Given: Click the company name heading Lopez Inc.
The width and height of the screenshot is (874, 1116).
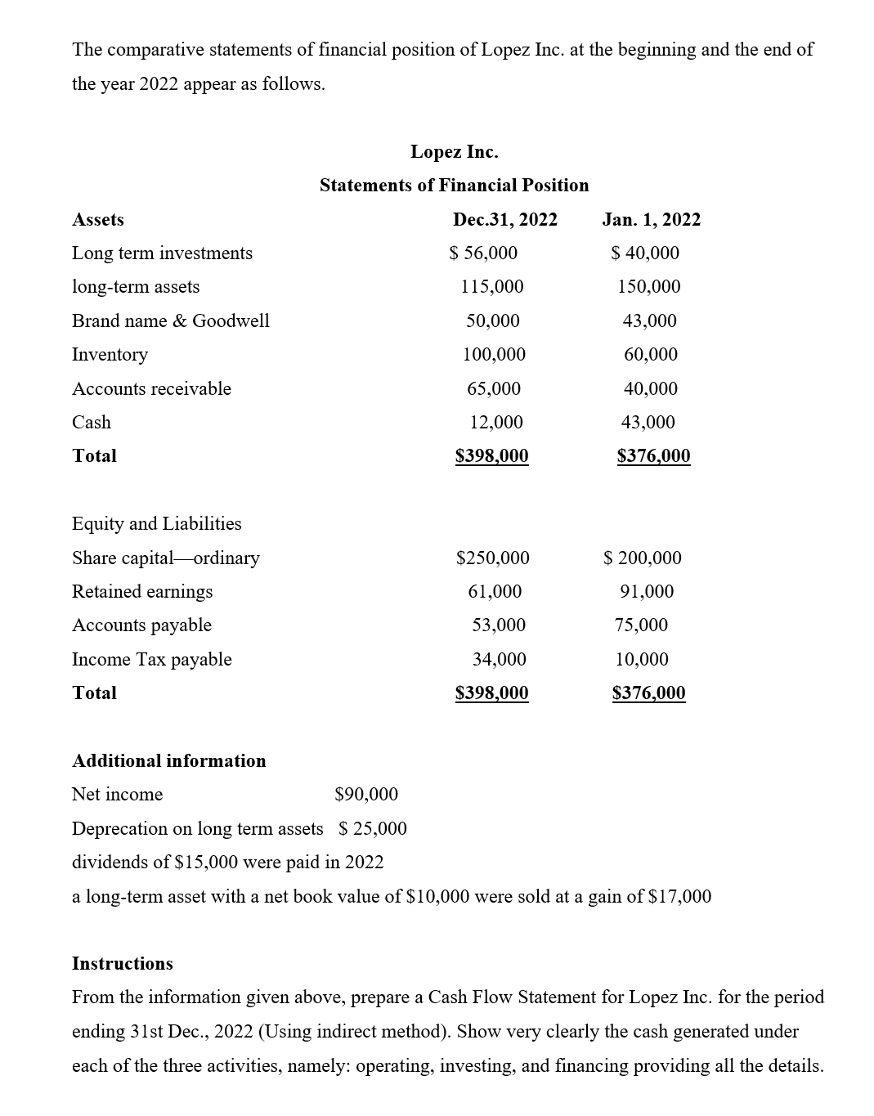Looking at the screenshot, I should pos(454,152).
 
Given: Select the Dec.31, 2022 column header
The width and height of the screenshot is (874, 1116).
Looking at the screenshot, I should pos(504,219).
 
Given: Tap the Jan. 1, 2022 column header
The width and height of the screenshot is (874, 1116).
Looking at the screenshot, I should pos(651,219).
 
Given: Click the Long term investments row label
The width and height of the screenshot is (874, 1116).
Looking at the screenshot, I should pos(162,253).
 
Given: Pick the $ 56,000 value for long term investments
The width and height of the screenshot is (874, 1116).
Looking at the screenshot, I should pos(483,253).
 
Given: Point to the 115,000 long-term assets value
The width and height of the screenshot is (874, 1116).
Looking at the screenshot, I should pos(492,287).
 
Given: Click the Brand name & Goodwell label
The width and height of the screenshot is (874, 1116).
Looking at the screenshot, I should pos(170,320).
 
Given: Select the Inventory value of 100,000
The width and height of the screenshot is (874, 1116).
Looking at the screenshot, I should pos(494,355).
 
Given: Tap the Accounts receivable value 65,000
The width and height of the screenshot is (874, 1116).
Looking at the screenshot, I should pos(494,388).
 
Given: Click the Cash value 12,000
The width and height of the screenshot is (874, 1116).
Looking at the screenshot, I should pos(495,423).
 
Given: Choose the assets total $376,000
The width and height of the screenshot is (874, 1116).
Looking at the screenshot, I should pos(653,456).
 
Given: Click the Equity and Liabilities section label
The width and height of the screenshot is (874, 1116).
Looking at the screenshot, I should pos(156,524).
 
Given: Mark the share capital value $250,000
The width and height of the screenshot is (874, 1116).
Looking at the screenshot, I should pos(492,558).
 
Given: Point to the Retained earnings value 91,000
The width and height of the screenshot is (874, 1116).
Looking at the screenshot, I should pos(647,592).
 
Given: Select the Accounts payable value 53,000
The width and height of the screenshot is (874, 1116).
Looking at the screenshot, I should pos(499,625).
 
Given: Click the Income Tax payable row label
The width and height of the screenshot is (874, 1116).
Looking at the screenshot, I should pos(151,660).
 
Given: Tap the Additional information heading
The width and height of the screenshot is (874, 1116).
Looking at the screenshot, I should pos(168,761).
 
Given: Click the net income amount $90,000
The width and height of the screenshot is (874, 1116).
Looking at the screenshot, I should pos(366,795).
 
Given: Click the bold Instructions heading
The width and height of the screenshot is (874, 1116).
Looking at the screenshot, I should pos(123,964).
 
